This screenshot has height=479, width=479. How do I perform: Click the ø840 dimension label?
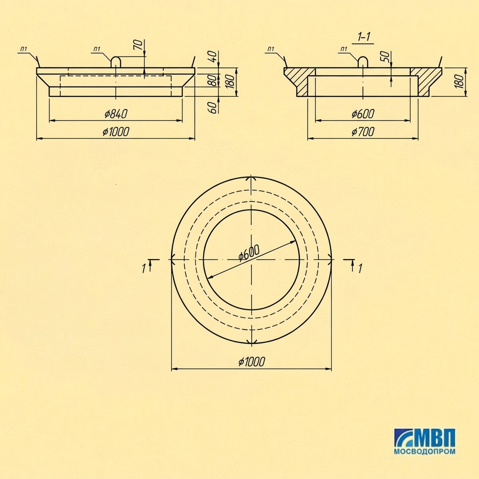point(116,114)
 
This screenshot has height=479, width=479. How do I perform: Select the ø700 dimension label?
point(363,131)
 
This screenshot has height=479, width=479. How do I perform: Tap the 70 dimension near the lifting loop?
point(138,44)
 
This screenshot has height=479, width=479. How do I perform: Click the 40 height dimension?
point(213,56)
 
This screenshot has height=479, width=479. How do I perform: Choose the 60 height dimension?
point(213,108)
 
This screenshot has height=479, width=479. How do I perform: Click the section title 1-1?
point(363,37)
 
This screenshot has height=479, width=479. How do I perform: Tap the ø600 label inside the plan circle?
point(249,253)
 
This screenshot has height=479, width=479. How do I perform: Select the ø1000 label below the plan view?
point(251,362)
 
